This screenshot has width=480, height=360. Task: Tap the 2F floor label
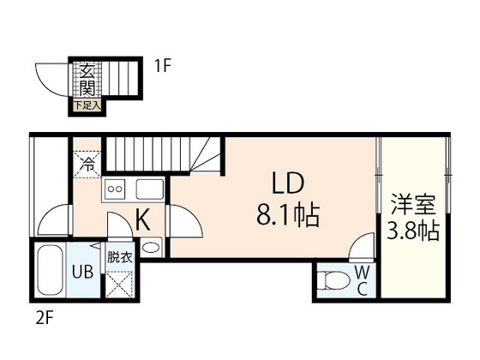[45, 317]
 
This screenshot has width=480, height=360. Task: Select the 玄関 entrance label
[87, 80]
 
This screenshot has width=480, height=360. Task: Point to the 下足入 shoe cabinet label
[87, 105]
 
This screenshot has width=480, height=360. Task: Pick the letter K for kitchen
[142, 220]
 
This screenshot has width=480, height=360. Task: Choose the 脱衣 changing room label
[120, 256]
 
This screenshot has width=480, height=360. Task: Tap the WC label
[363, 279]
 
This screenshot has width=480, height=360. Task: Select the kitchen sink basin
[151, 190]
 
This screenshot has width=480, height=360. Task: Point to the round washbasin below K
[150, 247]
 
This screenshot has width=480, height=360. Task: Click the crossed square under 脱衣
[120, 281]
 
